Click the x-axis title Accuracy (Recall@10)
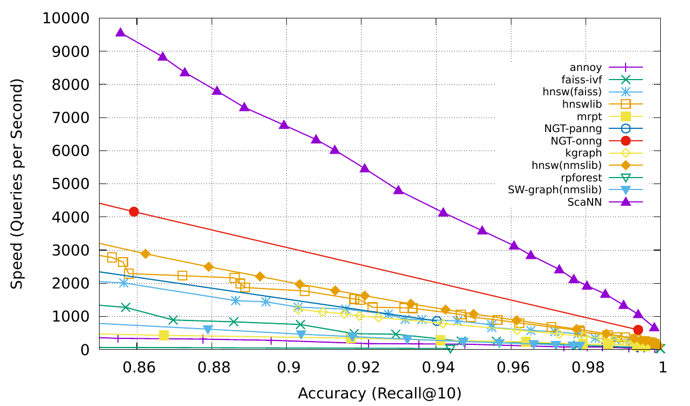tap(379, 392)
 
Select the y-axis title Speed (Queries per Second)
tap(18, 184)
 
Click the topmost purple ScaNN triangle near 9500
tap(121, 32)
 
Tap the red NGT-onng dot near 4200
tap(134, 211)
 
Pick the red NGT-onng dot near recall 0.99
tap(638, 330)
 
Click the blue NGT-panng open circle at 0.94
tap(437, 320)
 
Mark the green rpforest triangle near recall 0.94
tap(450, 348)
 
